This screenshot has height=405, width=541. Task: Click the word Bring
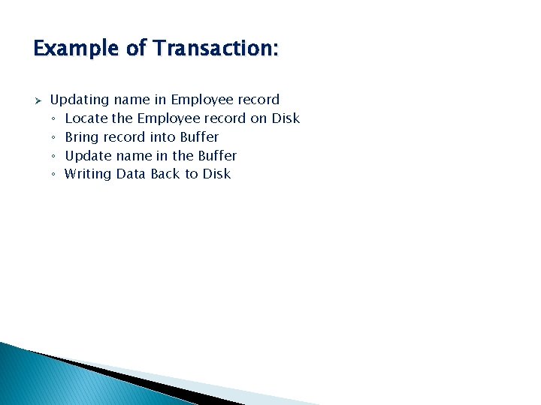[x=82, y=137]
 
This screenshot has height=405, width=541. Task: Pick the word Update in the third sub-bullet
[x=88, y=156]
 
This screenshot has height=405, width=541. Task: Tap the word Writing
[x=88, y=174]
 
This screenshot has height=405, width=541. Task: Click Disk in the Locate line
[x=286, y=118]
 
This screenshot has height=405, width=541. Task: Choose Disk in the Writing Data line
[x=216, y=174]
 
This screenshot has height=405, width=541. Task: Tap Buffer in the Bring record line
[x=199, y=137]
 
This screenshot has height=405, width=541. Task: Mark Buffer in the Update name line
[x=217, y=156]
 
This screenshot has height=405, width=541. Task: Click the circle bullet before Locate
[x=54, y=119]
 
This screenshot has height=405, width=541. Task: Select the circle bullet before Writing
[x=54, y=175]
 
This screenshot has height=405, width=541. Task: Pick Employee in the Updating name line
[x=203, y=100]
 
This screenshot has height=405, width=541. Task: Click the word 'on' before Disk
[x=258, y=118]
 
